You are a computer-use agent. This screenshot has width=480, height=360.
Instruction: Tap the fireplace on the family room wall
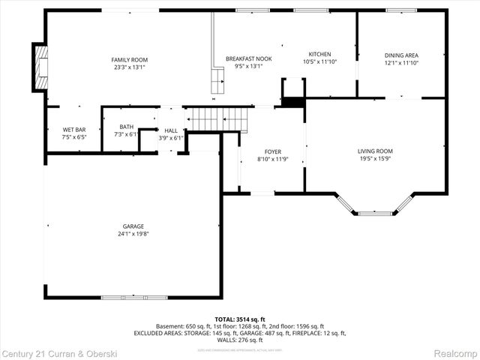[x=40, y=67]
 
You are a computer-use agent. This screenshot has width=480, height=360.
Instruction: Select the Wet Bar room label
[x=73, y=130]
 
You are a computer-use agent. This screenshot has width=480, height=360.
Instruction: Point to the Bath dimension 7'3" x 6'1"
[x=126, y=135]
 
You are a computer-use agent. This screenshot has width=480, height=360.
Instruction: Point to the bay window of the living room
[x=374, y=208]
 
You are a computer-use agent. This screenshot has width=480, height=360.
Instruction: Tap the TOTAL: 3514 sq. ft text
[x=240, y=319]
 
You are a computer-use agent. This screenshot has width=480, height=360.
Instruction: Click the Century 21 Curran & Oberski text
[x=54, y=352]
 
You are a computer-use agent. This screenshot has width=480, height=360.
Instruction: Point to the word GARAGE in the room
[x=133, y=226]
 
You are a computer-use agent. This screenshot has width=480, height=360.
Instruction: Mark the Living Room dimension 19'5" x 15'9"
[x=375, y=158]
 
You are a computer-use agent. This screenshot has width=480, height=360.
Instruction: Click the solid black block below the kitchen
[x=294, y=103]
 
